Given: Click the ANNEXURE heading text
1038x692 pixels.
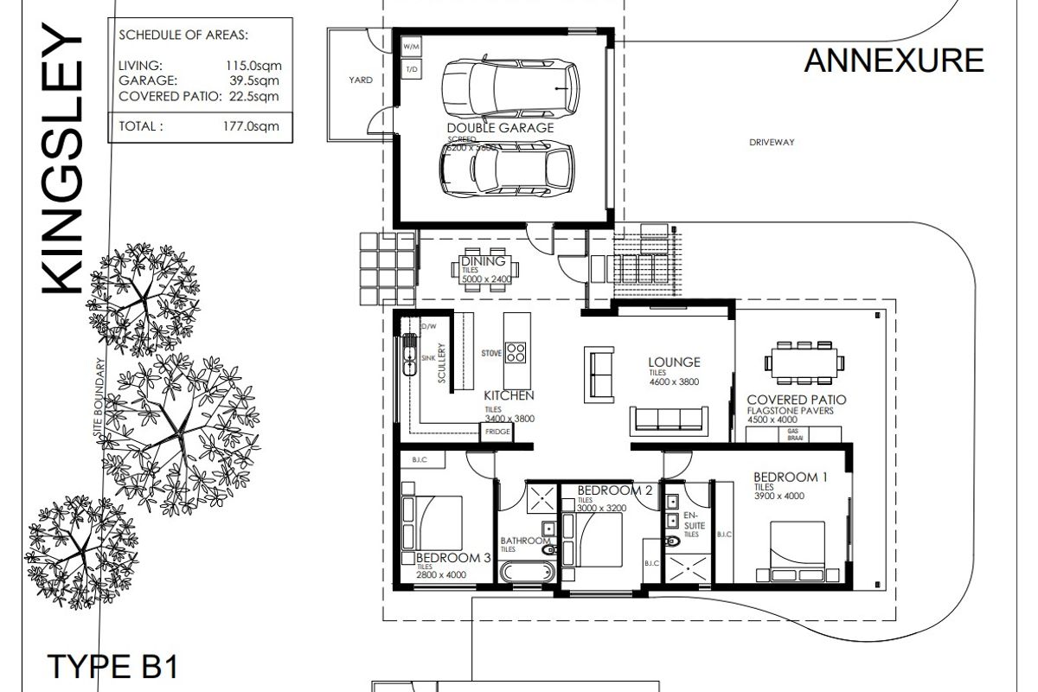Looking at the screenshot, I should [894, 61].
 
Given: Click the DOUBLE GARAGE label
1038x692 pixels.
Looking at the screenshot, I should [500, 128].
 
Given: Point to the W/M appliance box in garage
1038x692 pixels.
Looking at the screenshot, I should [411, 45].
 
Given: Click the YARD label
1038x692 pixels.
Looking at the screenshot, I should [361, 80].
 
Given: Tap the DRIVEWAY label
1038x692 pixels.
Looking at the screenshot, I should [772, 143].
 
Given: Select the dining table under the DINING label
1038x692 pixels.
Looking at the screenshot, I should [482, 270].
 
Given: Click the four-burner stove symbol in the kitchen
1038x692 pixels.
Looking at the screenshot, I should [516, 353].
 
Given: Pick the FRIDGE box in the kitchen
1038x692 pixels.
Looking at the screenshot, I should [497, 431].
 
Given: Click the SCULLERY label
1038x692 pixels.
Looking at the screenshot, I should [441, 365].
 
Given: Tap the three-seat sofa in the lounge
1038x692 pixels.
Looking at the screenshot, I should [668, 420].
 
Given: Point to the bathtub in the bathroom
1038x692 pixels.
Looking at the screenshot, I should [526, 572].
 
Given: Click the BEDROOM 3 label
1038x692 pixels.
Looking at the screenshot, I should [452, 558].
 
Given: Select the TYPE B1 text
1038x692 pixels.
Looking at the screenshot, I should [111, 670].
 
